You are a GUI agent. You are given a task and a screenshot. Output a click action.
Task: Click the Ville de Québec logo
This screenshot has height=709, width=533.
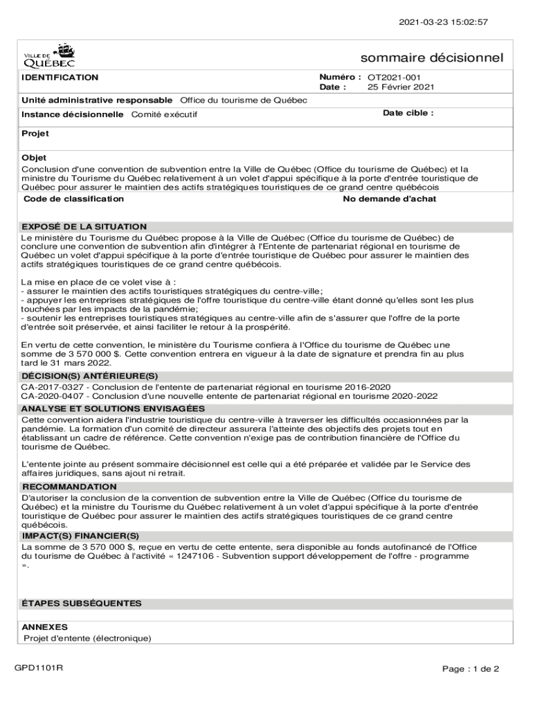point(50,53)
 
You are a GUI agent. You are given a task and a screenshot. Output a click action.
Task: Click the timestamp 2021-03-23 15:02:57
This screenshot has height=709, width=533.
point(444,22)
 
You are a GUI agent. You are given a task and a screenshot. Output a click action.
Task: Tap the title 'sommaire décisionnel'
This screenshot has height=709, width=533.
point(431,57)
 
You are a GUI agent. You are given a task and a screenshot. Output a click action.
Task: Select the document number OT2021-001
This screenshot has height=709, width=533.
point(394,78)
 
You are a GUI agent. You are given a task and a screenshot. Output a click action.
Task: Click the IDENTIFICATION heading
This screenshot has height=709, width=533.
point(60,78)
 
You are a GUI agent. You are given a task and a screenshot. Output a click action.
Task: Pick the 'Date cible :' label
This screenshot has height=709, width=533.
point(408,113)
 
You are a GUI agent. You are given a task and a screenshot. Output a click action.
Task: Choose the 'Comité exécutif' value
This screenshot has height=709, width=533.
point(164,114)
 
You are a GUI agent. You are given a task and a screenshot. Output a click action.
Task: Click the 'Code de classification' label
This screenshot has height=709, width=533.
point(73,199)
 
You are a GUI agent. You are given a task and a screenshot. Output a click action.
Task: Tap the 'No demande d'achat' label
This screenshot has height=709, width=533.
point(390,199)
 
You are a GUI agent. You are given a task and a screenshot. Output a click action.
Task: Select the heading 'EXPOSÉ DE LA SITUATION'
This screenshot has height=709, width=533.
point(84,226)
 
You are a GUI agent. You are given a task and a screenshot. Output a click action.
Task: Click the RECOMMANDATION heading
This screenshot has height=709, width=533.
point(69,487)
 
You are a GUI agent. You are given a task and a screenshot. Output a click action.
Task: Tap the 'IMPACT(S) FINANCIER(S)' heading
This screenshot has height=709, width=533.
point(80,536)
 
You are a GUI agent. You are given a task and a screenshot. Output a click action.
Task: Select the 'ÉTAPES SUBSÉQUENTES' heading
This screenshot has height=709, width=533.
point(82,603)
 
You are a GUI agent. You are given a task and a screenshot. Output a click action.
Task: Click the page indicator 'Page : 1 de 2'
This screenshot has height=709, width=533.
point(471,669)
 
